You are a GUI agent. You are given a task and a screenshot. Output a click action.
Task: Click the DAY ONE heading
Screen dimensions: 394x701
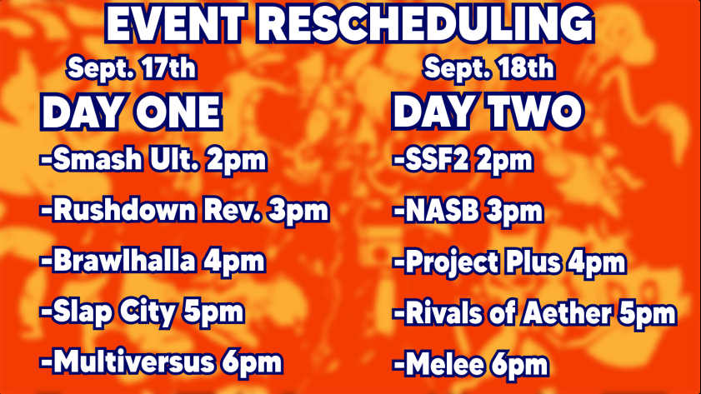(x=132, y=112)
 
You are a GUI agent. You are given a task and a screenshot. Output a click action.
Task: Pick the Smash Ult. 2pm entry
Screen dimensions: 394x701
(x=153, y=161)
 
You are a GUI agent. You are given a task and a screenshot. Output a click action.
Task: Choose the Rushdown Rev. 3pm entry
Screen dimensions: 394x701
(x=184, y=211)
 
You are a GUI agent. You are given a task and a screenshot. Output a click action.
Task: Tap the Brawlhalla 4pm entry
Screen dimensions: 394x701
(x=153, y=262)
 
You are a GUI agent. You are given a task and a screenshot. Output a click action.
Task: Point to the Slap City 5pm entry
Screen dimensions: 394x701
(x=142, y=312)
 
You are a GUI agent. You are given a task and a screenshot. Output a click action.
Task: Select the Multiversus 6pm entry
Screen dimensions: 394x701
(x=162, y=362)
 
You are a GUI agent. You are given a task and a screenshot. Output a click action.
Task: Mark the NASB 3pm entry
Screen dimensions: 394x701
(x=468, y=211)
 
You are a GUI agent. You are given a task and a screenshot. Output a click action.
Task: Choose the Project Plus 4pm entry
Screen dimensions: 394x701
(x=509, y=263)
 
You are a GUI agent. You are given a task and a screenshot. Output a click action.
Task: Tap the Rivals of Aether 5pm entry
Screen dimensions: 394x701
(x=534, y=314)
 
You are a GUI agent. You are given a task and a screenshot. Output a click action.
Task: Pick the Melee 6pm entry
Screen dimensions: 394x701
(x=471, y=364)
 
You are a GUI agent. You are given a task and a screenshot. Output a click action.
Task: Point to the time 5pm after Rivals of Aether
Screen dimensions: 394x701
(x=645, y=314)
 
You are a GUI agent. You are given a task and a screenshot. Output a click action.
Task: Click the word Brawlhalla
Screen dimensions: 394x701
(x=124, y=262)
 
